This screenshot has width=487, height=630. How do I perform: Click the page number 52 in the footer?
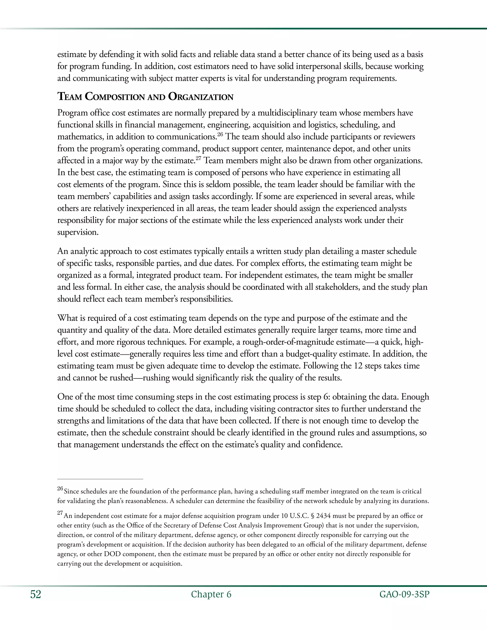35,595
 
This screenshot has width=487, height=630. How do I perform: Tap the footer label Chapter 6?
211,595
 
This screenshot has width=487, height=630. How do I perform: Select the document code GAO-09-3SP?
404,595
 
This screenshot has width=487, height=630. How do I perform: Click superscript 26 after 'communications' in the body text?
220,134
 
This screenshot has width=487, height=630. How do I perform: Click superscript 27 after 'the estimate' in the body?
198,158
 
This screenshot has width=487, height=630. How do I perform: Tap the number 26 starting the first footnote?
60,489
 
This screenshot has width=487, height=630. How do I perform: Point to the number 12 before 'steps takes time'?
357,366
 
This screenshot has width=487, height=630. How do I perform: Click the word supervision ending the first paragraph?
77,232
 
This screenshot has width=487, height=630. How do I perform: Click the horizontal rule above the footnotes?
100,479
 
